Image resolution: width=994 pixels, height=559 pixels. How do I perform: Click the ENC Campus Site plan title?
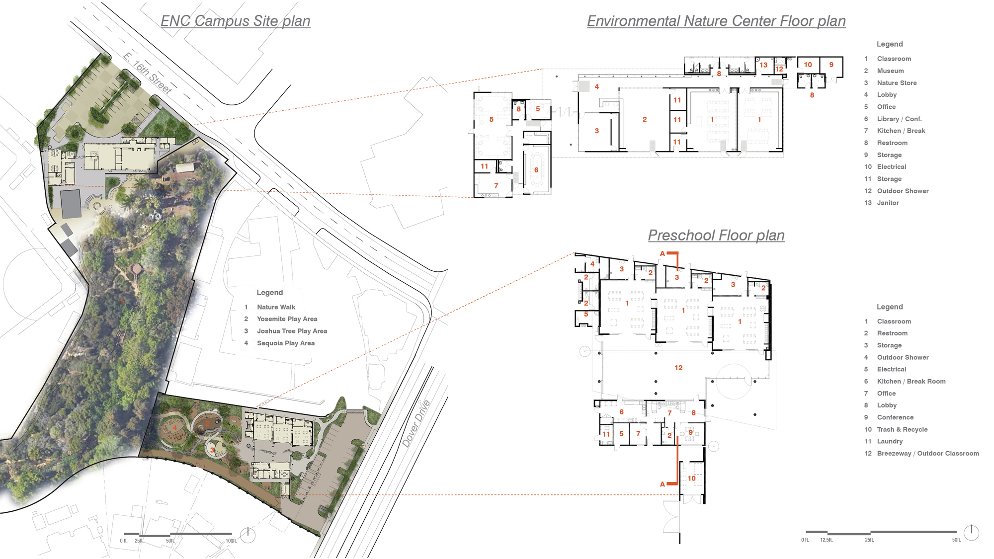click(x=236, y=21)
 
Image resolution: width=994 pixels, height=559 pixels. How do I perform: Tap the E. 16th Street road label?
click(x=147, y=73)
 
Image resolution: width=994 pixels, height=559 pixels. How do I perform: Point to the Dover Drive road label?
click(x=416, y=423)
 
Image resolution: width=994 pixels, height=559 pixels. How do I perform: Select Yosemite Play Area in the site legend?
click(x=287, y=319)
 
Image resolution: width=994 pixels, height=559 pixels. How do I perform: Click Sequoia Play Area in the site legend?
click(x=285, y=343)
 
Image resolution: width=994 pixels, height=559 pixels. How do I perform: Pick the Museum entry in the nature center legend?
click(x=890, y=71)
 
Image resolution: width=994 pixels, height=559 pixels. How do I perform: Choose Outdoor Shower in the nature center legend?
click(x=903, y=191)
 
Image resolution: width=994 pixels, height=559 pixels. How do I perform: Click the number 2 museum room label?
click(x=645, y=119)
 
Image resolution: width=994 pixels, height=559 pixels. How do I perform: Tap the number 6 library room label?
click(x=536, y=170)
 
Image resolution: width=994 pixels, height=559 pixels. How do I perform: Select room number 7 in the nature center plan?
click(x=496, y=186)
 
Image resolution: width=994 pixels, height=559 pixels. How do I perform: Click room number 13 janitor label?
click(x=763, y=65)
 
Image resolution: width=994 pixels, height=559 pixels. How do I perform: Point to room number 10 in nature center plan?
click(x=808, y=65)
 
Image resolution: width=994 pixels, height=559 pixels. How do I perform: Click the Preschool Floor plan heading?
click(x=716, y=235)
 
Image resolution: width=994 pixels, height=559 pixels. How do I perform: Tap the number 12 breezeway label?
click(x=678, y=368)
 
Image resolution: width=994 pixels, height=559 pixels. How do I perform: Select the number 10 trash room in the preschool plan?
click(x=692, y=478)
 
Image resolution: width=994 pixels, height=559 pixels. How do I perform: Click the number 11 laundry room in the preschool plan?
click(x=606, y=434)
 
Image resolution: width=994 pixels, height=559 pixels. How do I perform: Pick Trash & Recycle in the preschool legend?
click(x=902, y=429)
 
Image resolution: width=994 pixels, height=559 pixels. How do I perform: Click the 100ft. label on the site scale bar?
click(x=231, y=541)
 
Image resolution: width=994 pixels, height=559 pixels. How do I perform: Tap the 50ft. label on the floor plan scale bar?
click(x=956, y=540)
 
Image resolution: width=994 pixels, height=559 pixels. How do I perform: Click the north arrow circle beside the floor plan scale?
click(x=971, y=533)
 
